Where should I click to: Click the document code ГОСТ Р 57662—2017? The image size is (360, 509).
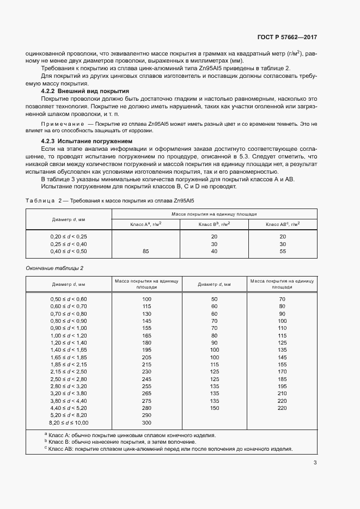(286, 38)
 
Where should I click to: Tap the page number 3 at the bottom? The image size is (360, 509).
(315, 463)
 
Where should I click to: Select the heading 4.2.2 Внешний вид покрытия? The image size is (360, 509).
(85, 91)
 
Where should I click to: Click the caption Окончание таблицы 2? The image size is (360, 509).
(55, 268)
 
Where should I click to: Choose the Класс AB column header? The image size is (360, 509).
(283, 224)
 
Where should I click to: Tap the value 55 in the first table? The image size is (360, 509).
(282, 252)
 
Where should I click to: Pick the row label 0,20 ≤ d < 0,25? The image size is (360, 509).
(69, 236)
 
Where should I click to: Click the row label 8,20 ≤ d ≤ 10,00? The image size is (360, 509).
(69, 422)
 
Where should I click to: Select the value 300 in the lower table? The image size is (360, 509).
(146, 422)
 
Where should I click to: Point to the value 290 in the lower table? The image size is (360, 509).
(146, 415)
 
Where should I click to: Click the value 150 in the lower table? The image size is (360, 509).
(214, 407)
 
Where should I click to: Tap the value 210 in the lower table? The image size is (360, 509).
(282, 393)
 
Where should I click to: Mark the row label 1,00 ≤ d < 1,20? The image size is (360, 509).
(69, 336)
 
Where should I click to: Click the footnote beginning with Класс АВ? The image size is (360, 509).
(169, 449)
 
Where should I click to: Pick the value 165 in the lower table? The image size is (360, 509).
(146, 336)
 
